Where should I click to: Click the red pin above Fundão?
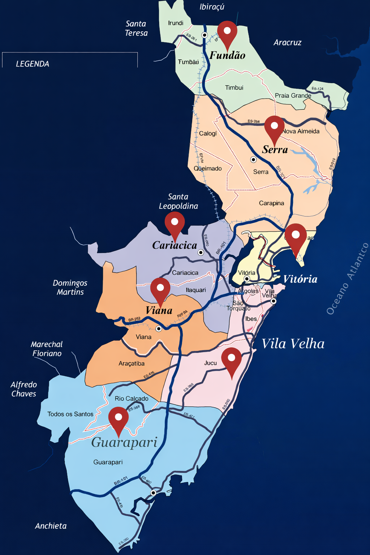click(227, 33)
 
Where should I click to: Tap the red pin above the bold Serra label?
click(274, 127)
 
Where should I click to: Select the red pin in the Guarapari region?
click(119, 418)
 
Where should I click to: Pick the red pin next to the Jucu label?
click(231, 360)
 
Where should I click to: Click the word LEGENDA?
click(33, 64)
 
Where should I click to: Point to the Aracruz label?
click(287, 43)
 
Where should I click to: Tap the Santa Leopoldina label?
click(178, 201)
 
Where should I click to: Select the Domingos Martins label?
click(70, 287)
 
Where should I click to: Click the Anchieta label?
click(51, 526)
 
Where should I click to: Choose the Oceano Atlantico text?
click(347, 279)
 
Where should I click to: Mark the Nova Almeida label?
click(301, 131)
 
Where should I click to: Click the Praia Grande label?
click(293, 95)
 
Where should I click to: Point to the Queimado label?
click(208, 168)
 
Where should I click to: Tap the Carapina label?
click(271, 203)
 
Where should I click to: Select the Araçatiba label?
click(132, 363)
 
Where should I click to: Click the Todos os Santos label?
click(70, 414)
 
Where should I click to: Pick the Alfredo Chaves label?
click(24, 389)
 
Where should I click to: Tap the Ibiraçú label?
click(212, 7)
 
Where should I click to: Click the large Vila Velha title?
click(293, 344)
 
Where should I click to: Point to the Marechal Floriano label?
click(47, 349)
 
